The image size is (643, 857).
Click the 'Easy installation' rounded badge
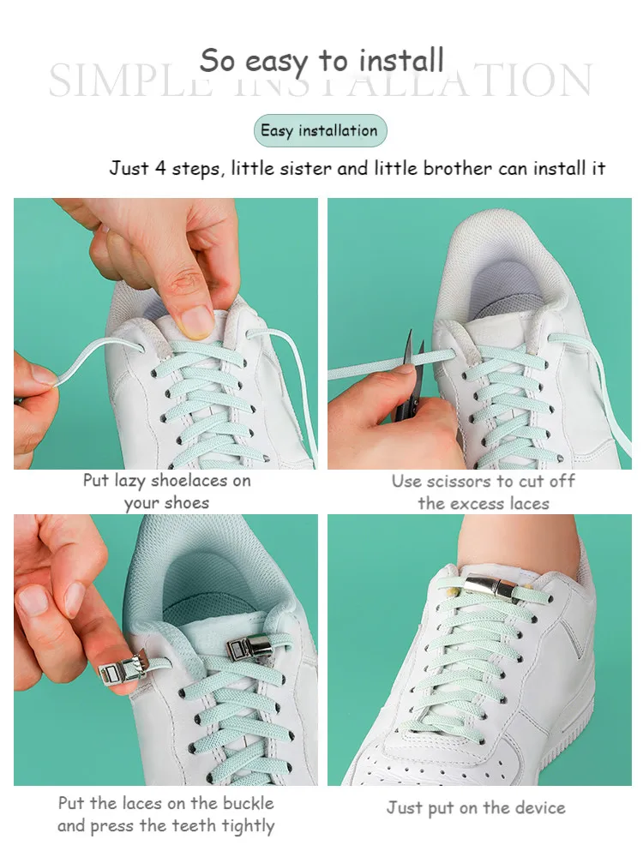coord(320,131)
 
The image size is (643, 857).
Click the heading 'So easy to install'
coord(321,61)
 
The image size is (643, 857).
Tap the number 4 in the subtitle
coord(160,168)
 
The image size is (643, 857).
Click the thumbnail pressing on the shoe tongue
coord(197,321)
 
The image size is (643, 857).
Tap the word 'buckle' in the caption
coord(245,804)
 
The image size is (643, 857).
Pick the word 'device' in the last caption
coord(538,807)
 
